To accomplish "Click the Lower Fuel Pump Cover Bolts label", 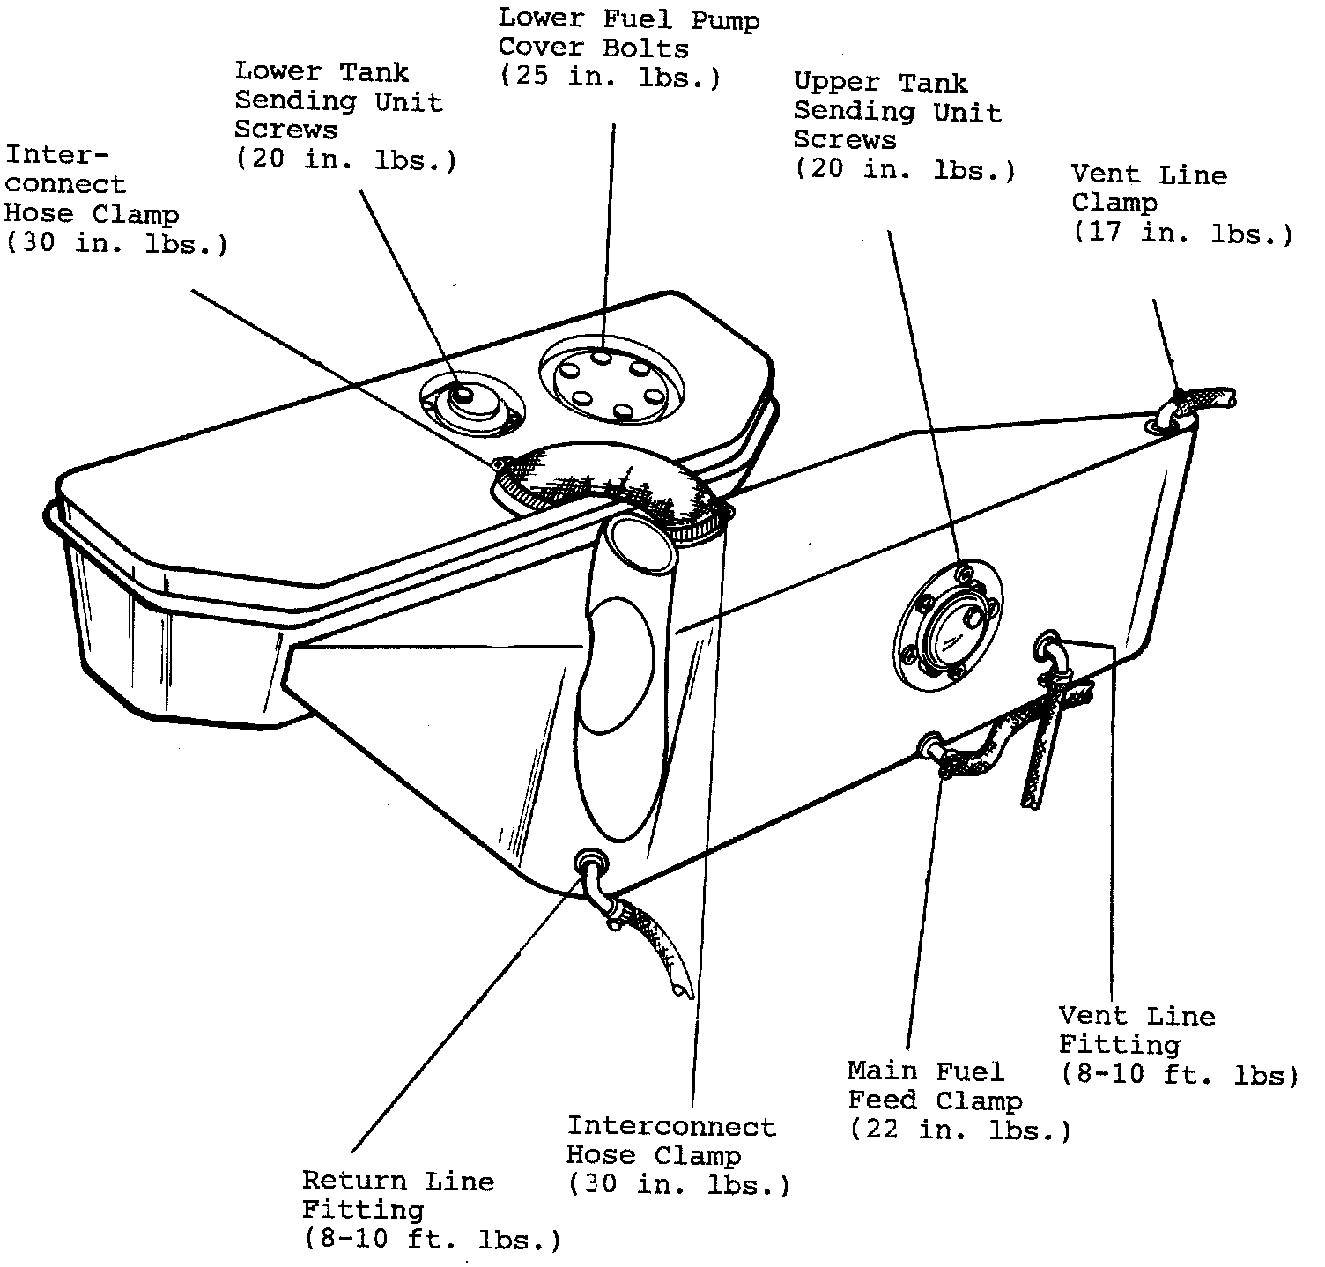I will (628, 33).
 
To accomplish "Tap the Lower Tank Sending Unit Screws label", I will (338, 101).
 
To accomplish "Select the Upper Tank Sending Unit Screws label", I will (897, 111).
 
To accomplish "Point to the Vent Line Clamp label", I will (1148, 189).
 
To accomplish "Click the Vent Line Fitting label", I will (1136, 1030).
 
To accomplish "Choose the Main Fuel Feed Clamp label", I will (934, 1085).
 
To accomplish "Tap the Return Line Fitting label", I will (397, 1195).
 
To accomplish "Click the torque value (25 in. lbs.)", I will (610, 77).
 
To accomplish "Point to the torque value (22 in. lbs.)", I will (959, 1129).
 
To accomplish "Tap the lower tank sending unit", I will (470, 404).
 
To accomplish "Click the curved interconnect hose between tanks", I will (608, 480).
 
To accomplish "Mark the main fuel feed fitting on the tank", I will (930, 745).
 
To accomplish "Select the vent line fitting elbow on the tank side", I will (1051, 648).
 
